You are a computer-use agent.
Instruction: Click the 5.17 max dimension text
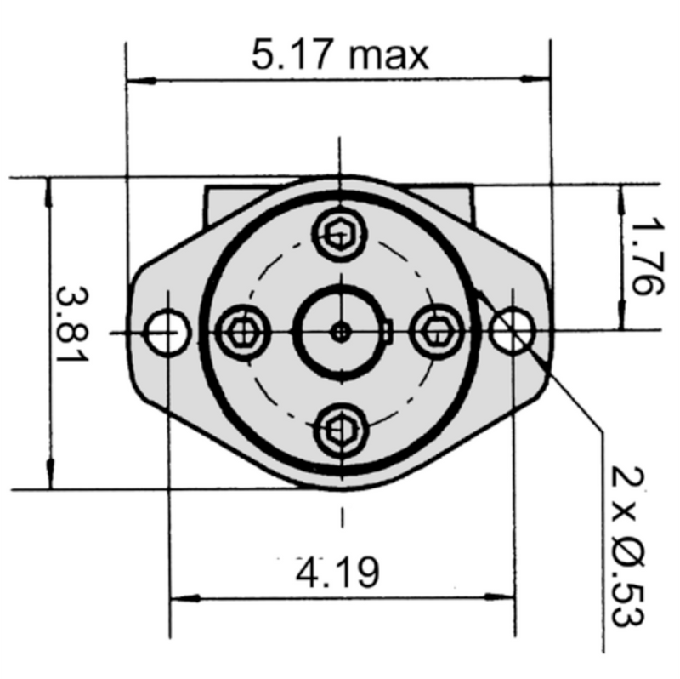[340, 56]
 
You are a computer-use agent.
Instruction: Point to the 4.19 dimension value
[338, 573]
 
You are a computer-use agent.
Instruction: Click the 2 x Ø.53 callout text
[627, 545]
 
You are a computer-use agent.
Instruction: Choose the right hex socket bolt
[437, 331]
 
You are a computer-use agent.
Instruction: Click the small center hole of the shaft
[341, 332]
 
